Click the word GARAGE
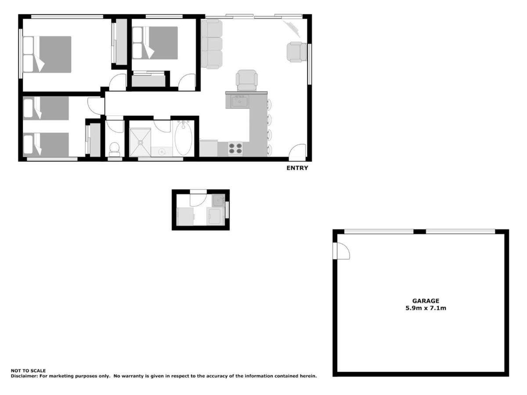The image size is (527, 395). coord(426,301)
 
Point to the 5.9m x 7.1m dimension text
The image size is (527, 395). coord(426,308)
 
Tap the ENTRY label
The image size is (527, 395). coord(297,168)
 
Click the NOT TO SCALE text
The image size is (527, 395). coord(28,371)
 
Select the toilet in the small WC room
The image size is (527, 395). coord(114,149)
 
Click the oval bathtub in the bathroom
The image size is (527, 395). coord(183,138)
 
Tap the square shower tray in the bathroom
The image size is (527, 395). coord(140,143)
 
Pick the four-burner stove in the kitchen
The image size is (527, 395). coord(235,148)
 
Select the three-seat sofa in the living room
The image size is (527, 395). coord(212,44)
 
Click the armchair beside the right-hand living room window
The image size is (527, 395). coord(297,52)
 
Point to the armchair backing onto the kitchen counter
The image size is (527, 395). coord(246,80)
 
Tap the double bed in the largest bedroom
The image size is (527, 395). coord(47,54)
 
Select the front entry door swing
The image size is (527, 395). coord(297,153)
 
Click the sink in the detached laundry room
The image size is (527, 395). coord(218,201)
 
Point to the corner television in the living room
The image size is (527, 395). coord(292,29)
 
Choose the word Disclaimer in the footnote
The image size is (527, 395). coord(24,376)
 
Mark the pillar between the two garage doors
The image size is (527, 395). coord(420,232)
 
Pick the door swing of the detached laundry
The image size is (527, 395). coord(199,198)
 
